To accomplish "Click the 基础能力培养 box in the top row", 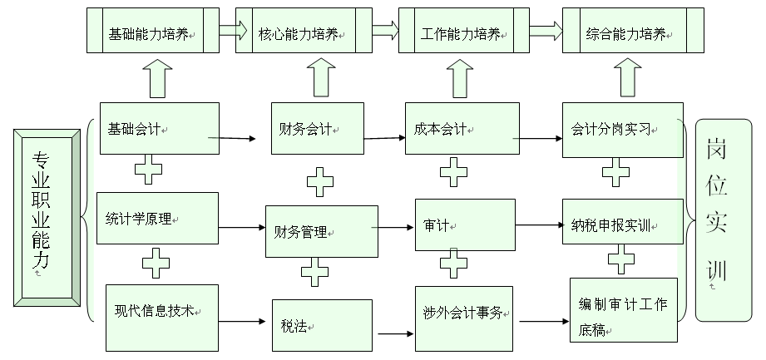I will [153, 32].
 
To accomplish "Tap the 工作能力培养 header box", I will [463, 32].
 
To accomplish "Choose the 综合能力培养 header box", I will [632, 32].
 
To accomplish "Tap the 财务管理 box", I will [317, 230].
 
